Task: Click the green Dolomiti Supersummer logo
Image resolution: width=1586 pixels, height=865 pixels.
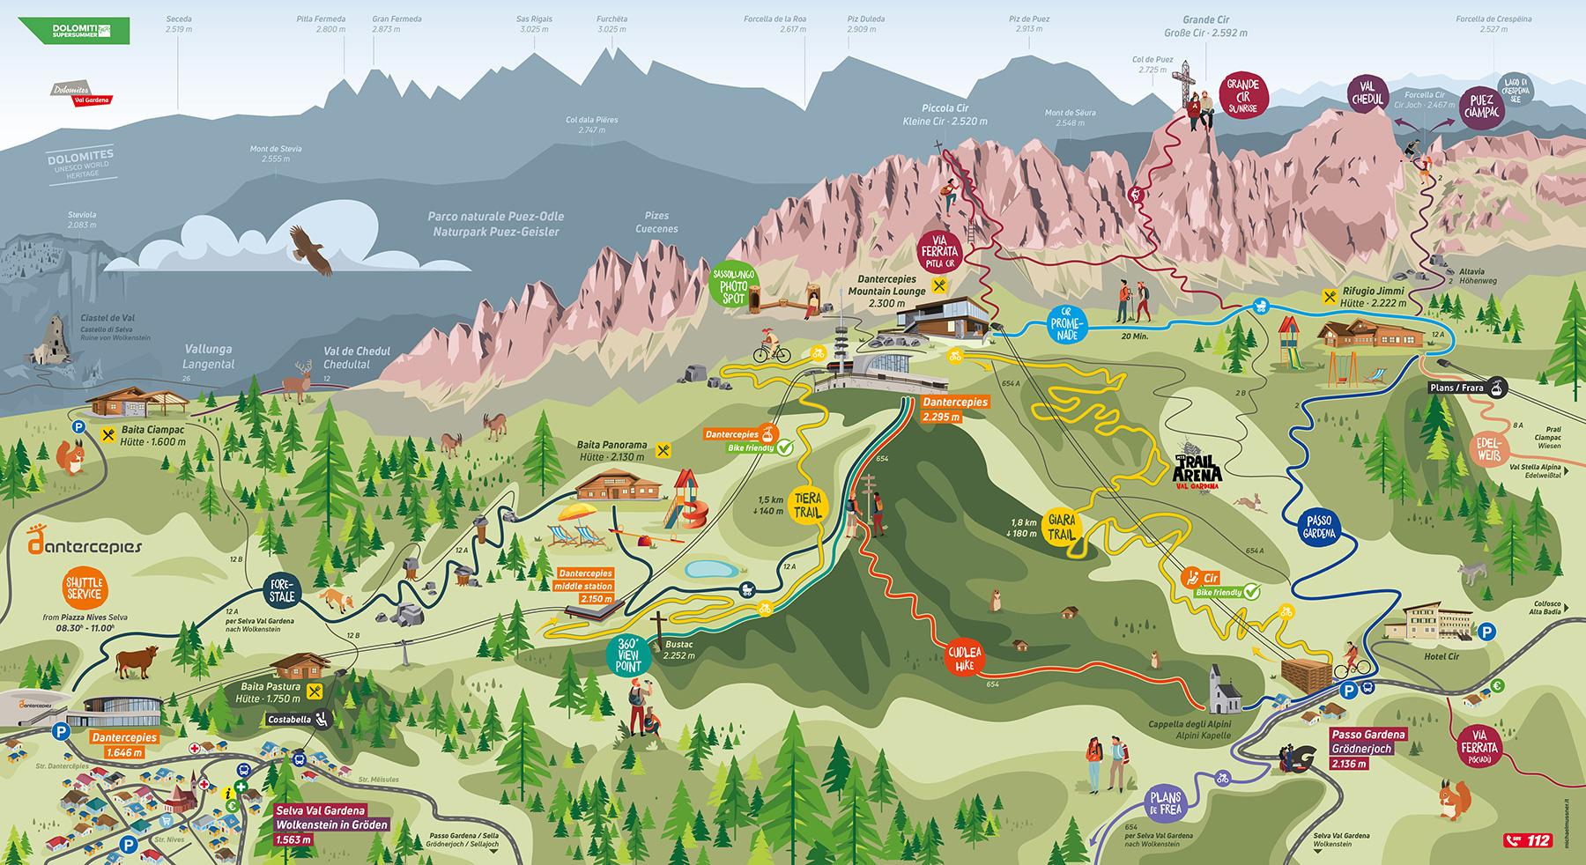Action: [x=78, y=31]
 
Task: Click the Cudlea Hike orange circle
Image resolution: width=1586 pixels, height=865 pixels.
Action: [x=965, y=662]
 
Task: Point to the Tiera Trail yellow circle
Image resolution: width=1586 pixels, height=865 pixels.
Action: [x=808, y=505]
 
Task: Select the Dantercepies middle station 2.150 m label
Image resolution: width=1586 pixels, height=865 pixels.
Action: [x=585, y=586]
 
